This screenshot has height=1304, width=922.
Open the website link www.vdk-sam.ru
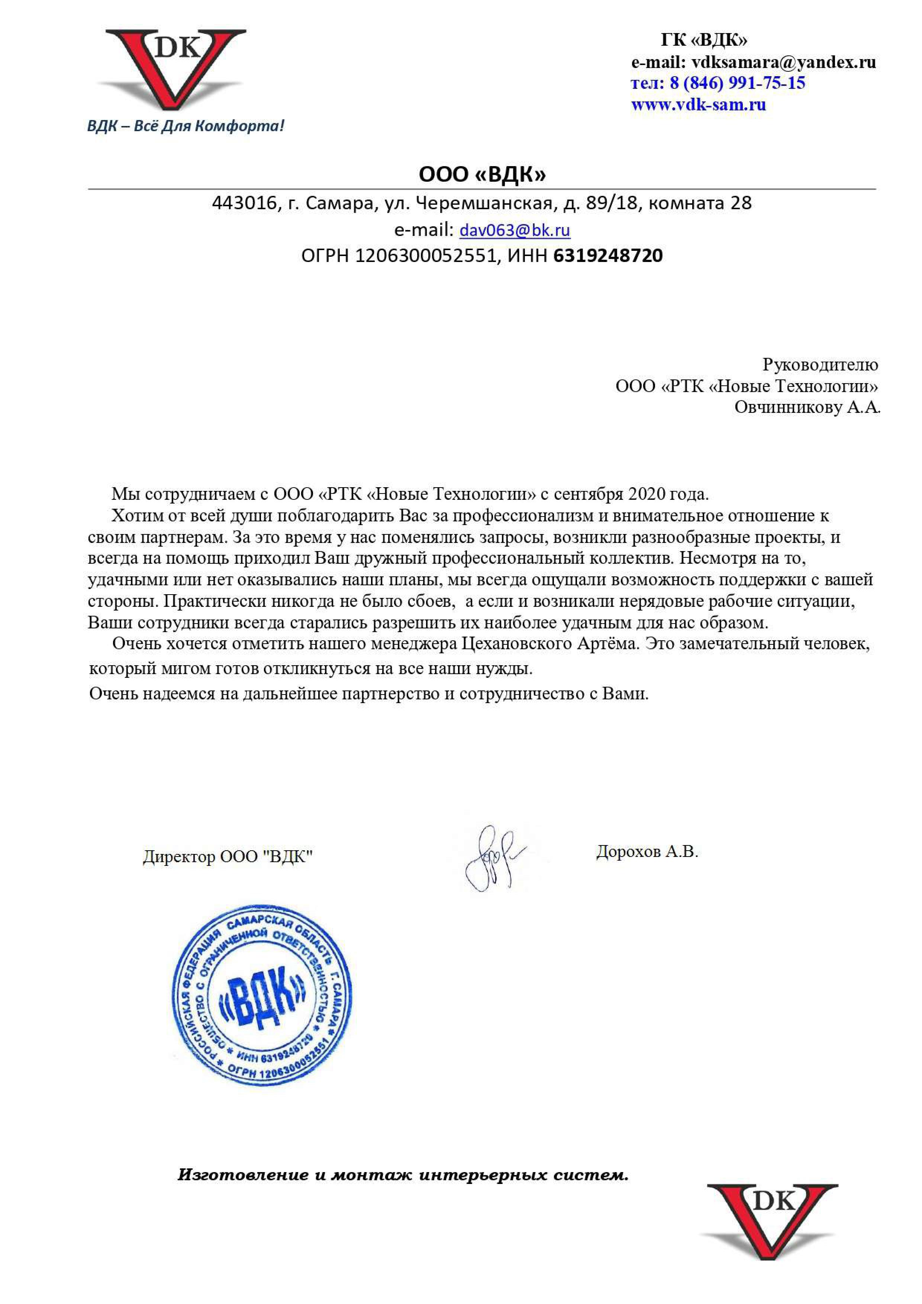click(x=698, y=104)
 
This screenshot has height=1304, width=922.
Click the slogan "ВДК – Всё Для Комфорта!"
click(x=185, y=126)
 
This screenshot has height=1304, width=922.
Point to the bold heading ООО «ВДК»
click(x=482, y=174)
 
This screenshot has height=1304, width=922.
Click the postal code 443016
click(x=244, y=203)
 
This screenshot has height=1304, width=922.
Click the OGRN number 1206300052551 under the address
click(x=425, y=256)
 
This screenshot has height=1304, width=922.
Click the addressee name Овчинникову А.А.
click(x=807, y=407)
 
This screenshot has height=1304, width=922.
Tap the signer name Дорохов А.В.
click(x=647, y=851)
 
